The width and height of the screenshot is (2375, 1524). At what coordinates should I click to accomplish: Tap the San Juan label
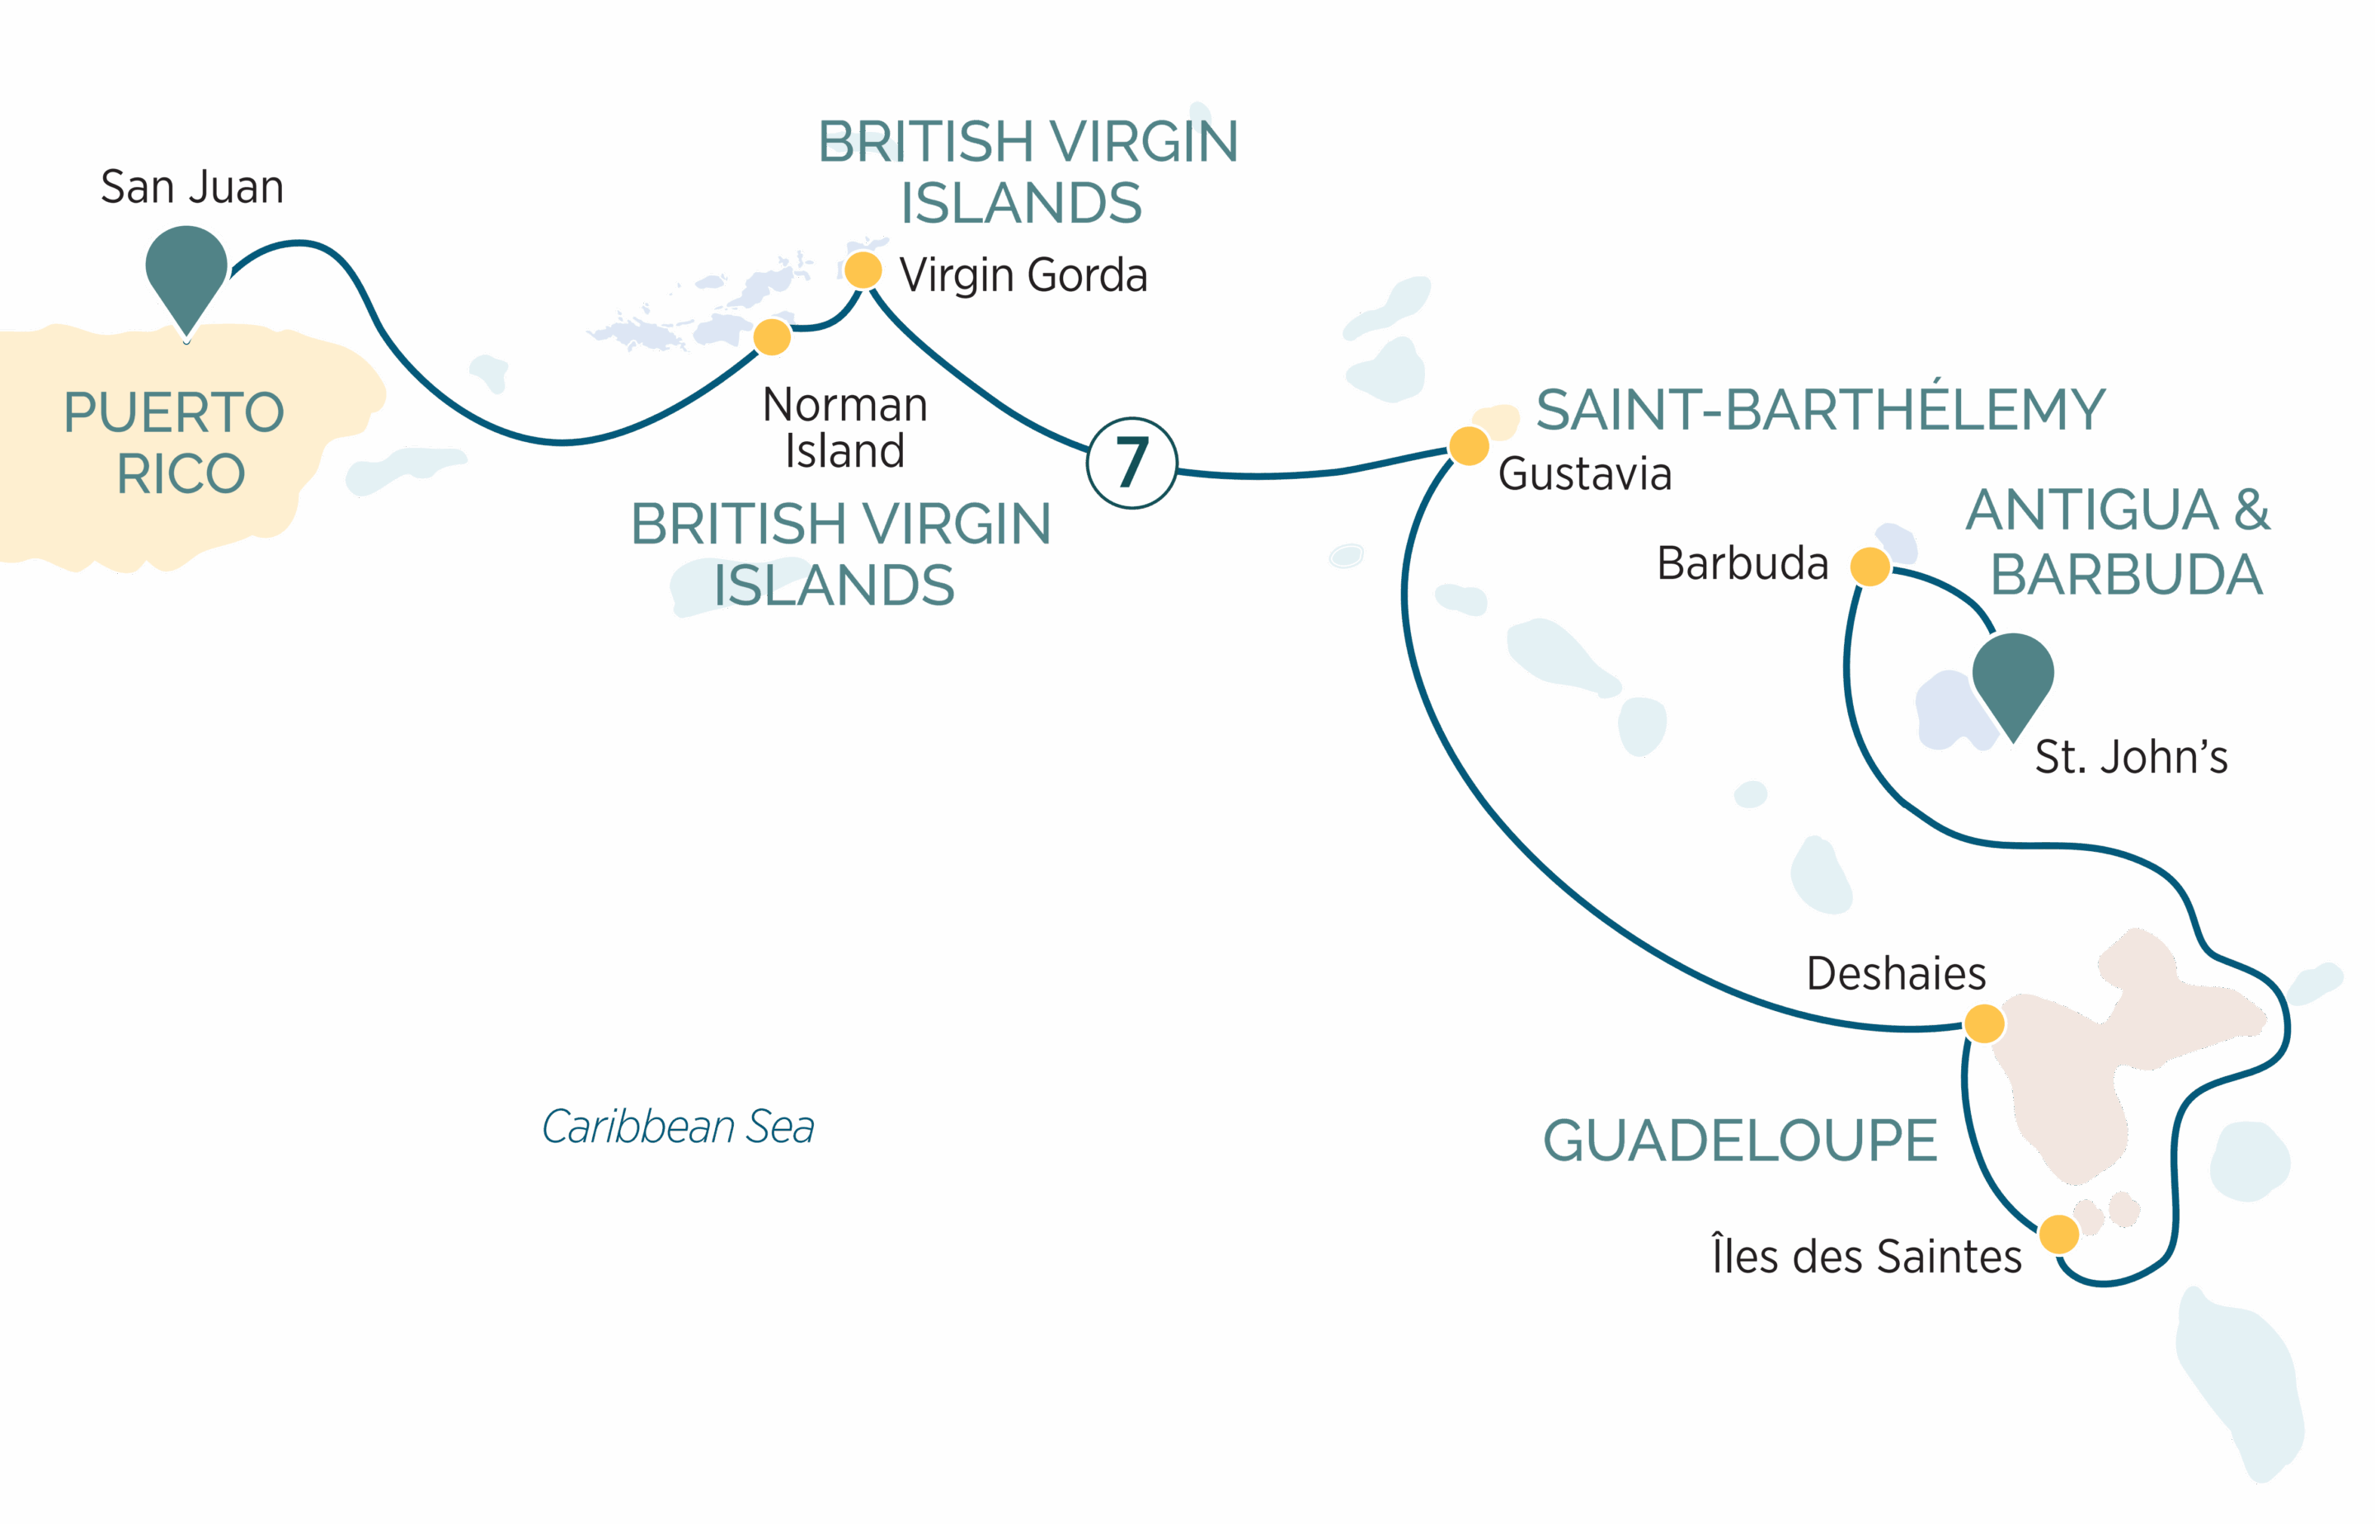pyautogui.click(x=192, y=187)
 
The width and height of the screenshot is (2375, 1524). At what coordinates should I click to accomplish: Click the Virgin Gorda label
pyautogui.click(x=1023, y=275)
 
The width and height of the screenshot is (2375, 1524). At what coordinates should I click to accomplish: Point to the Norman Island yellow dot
pyautogui.click(x=772, y=336)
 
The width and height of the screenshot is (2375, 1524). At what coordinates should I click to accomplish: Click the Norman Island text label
pyautogui.click(x=845, y=427)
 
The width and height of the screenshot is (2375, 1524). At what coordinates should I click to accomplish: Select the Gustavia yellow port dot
pyautogui.click(x=1469, y=445)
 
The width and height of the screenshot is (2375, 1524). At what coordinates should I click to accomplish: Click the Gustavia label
pyautogui.click(x=1584, y=474)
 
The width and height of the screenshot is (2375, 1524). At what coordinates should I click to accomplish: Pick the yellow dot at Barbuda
pyautogui.click(x=1869, y=567)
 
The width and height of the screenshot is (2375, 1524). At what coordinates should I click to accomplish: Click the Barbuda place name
pyautogui.click(x=1742, y=564)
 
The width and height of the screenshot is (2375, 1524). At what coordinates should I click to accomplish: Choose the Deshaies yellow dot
pyautogui.click(x=1983, y=1023)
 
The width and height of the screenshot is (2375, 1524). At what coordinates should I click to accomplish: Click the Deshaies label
pyautogui.click(x=1896, y=974)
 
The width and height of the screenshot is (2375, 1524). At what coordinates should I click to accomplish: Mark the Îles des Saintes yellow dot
pyautogui.click(x=2059, y=1234)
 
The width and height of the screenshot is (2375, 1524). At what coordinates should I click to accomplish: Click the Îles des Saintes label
pyautogui.click(x=1866, y=1257)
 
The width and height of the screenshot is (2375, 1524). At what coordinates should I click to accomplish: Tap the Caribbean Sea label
pyautogui.click(x=678, y=1127)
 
